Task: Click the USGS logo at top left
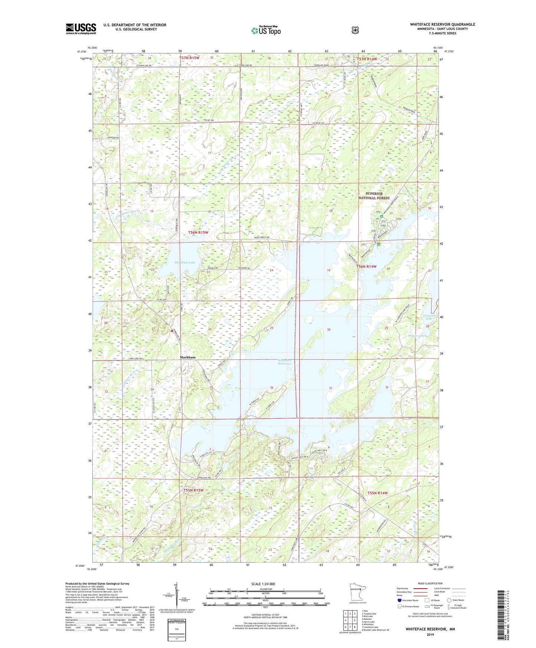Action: (x=81, y=28)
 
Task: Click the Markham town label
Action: (x=187, y=357)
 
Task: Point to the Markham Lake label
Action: (x=185, y=262)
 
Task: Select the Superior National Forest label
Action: (x=374, y=196)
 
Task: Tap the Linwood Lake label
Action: (x=429, y=317)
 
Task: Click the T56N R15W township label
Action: (x=198, y=232)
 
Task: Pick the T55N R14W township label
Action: (x=377, y=493)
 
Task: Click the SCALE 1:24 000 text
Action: (x=263, y=584)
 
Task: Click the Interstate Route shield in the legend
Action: (x=399, y=600)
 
